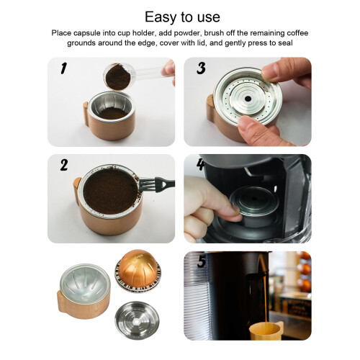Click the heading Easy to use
coord(182,17)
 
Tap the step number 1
coord(63,68)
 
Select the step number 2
coord(64,165)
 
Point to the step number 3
coord(201,68)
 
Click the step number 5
coord(201,261)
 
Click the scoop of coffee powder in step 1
coord(118,76)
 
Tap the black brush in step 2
coord(157,184)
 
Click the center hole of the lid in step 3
coord(248,99)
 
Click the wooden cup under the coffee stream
coord(266,330)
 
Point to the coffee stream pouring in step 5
coord(266,300)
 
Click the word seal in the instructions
coord(286,43)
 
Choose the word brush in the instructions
coord(215,33)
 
